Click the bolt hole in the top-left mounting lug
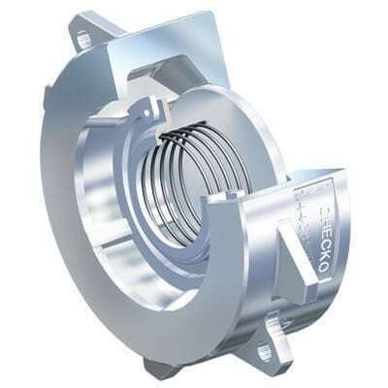(x=83, y=40)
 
